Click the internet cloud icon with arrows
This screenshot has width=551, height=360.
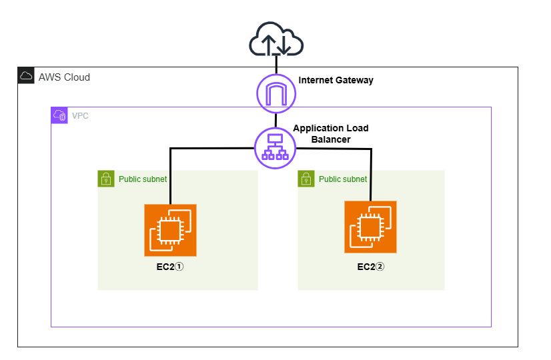point(275,41)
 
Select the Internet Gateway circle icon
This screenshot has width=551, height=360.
point(276,93)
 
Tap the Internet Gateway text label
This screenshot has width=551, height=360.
point(336,80)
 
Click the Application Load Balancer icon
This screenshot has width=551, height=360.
point(275,148)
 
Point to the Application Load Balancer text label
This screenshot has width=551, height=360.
point(331,133)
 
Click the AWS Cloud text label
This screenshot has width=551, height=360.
point(64,77)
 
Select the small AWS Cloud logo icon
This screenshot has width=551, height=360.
point(26,75)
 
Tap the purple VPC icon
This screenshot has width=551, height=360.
point(59,115)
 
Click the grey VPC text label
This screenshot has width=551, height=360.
point(80,115)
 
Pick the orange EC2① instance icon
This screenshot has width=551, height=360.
point(170,230)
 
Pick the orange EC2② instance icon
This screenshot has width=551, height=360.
point(370,227)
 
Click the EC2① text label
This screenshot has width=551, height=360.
point(170,267)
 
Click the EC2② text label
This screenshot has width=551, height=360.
point(370,267)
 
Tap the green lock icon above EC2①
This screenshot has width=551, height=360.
point(105,179)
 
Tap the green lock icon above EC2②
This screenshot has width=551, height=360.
point(306,179)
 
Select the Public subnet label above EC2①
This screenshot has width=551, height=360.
point(143,179)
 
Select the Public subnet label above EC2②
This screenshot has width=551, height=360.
point(343,179)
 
